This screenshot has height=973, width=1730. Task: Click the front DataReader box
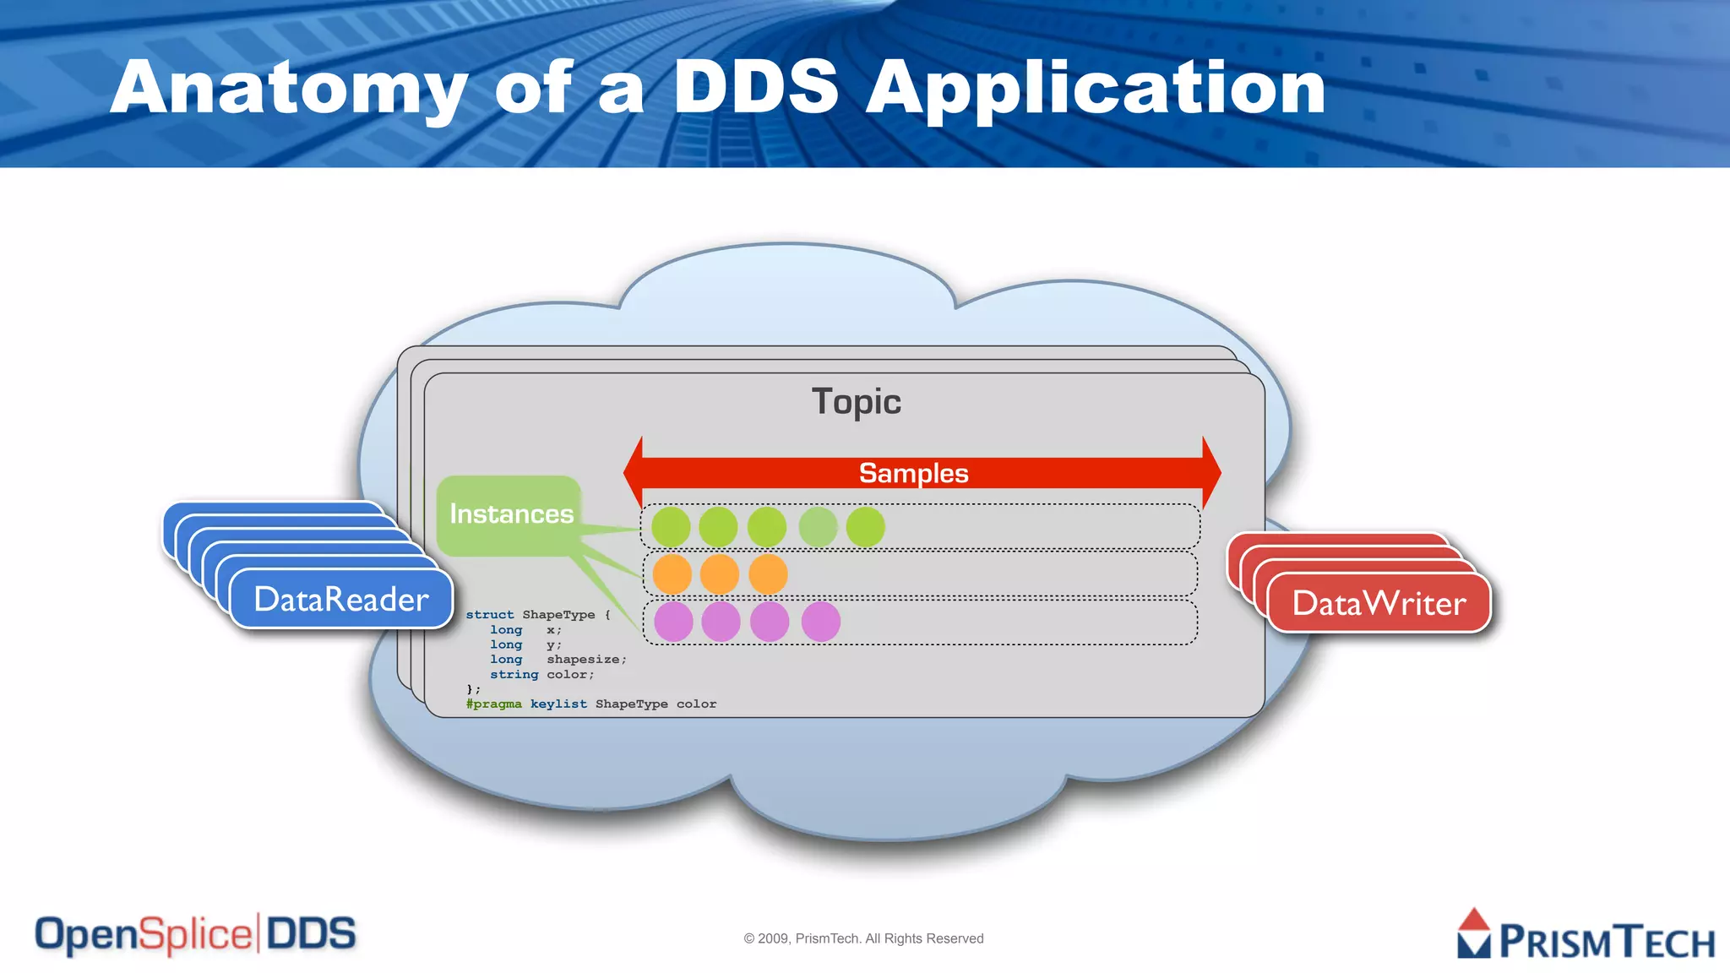click(x=341, y=599)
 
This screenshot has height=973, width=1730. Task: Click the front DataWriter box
click(x=1379, y=603)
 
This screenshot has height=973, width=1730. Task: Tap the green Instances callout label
click(x=510, y=514)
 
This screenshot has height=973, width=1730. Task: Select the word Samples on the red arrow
click(x=913, y=473)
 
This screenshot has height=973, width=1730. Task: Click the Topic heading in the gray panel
click(x=856, y=402)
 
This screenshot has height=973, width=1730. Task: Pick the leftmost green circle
click(x=671, y=527)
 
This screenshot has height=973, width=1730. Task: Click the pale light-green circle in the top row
click(x=818, y=527)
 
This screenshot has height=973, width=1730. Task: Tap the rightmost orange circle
click(x=768, y=574)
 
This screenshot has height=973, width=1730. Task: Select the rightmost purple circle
click(x=820, y=622)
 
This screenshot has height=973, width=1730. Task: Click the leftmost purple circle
click(x=673, y=622)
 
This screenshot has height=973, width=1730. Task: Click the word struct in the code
click(x=489, y=615)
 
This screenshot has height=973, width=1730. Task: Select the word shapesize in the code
click(x=585, y=660)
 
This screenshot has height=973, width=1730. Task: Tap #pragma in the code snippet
click(x=493, y=704)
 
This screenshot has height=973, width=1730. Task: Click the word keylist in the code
click(x=558, y=704)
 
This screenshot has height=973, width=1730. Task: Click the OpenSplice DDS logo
click(x=195, y=934)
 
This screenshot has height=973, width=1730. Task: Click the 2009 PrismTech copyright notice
click(x=863, y=938)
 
